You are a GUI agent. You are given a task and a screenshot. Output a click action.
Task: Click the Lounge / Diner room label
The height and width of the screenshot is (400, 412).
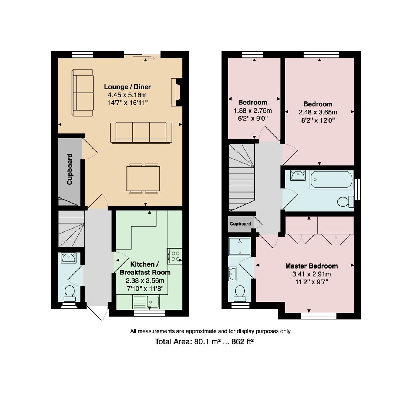(x=128, y=87)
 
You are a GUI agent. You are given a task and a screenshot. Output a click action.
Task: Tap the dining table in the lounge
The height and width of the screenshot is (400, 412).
(x=143, y=179)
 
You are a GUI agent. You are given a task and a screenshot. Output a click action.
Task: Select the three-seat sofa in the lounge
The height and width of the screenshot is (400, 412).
(x=141, y=133)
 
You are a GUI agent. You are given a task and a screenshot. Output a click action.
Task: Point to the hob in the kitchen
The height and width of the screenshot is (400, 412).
(x=174, y=256)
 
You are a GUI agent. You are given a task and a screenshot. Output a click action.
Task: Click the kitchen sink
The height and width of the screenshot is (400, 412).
(x=146, y=301)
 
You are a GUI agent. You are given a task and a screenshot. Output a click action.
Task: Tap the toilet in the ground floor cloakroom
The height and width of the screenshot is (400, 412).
(x=70, y=293)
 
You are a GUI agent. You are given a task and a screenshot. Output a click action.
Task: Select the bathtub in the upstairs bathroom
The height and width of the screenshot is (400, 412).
(x=331, y=180)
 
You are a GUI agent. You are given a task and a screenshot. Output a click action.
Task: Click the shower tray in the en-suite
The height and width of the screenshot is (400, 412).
(x=240, y=246)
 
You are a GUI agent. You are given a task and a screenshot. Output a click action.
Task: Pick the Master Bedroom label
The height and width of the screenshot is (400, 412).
(x=311, y=266)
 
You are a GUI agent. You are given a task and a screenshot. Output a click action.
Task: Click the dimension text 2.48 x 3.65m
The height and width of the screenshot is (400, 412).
(x=318, y=112)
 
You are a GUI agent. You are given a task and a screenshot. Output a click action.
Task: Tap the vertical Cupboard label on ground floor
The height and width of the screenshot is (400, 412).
(x=70, y=169)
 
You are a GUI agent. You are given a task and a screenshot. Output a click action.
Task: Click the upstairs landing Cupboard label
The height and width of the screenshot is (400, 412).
(x=240, y=224)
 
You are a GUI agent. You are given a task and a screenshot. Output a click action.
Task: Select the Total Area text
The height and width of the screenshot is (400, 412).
(x=204, y=341)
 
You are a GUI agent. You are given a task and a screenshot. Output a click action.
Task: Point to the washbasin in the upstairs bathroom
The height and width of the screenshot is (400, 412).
(x=298, y=175)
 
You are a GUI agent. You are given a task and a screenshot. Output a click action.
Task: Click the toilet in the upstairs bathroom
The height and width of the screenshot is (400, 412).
(x=345, y=202)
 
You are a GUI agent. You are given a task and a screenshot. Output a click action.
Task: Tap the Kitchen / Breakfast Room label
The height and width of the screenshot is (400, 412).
(x=145, y=268)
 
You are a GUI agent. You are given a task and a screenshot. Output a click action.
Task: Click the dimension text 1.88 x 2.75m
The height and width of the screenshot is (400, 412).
(x=253, y=110)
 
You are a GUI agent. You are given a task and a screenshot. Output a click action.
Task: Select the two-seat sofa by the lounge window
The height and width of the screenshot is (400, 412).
(x=83, y=93)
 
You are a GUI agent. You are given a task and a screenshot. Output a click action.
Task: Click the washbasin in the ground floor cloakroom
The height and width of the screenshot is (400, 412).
(x=68, y=258)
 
